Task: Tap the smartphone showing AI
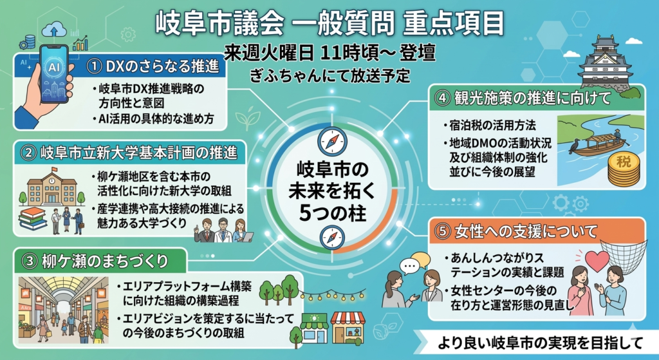click(x=55, y=74)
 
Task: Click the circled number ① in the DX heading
click(x=95, y=67)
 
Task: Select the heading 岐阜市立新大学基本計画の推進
click(x=139, y=153)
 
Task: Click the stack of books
click(x=32, y=219)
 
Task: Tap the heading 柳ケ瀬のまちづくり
click(x=105, y=261)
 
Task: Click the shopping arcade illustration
click(x=64, y=310)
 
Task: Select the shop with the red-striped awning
click(x=347, y=328)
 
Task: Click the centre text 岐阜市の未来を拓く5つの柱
click(x=332, y=191)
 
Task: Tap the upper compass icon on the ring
click(x=332, y=142)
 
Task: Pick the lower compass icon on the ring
click(x=332, y=238)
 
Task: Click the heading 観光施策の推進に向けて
click(x=532, y=98)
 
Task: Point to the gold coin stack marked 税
click(x=624, y=169)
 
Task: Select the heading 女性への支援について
click(x=526, y=231)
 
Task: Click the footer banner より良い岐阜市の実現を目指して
click(x=540, y=343)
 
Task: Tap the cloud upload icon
click(x=54, y=30)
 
